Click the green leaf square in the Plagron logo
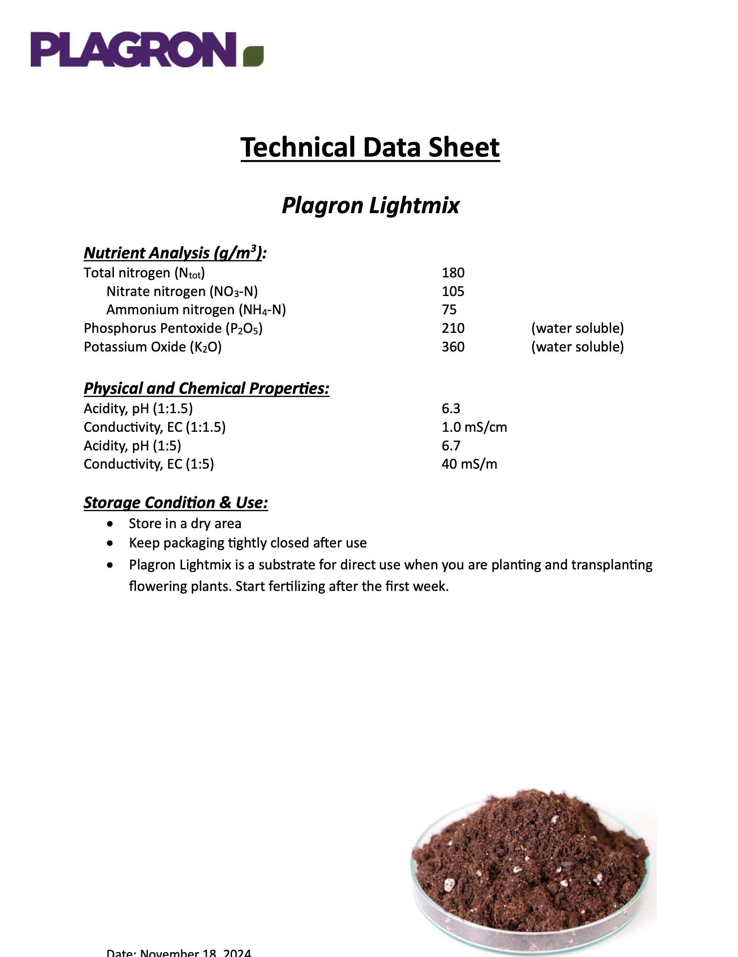[254, 56]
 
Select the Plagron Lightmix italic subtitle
[370, 205]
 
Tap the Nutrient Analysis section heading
[175, 253]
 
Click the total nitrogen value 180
[453, 273]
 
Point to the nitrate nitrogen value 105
[453, 291]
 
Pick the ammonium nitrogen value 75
[449, 310]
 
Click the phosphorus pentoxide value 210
[453, 328]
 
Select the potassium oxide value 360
[453, 347]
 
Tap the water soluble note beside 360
[577, 347]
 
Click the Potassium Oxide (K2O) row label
[153, 347]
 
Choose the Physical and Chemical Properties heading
[206, 388]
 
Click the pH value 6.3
[451, 408]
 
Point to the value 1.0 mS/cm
[474, 427]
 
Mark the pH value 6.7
[451, 446]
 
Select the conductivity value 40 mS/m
[469, 464]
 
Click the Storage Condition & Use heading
[175, 503]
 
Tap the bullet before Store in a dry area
[110, 524]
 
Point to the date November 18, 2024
[179, 953]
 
